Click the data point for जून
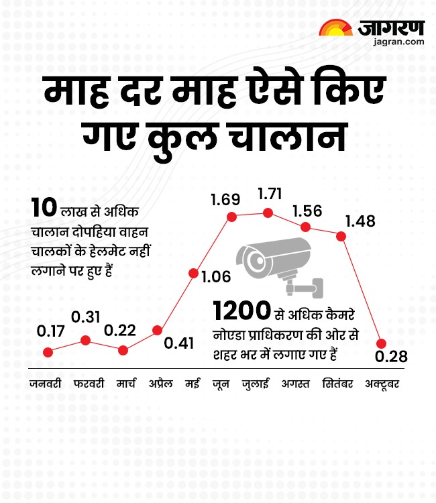coord(232,217)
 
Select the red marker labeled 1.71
coord(268,213)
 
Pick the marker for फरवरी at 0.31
coord(85,340)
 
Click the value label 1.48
coord(360,221)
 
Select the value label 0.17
coord(50,331)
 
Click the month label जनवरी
coord(46,384)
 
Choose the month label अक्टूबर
coord(382,384)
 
